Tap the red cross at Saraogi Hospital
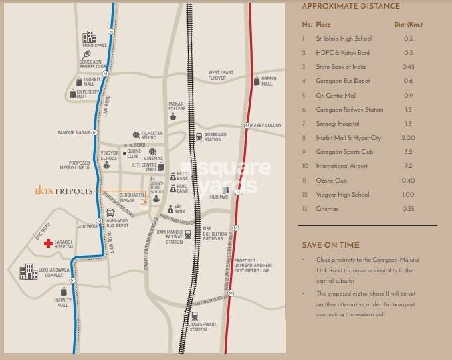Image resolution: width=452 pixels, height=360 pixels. pos(47,244)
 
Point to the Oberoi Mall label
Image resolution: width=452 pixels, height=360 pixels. pos(267,81)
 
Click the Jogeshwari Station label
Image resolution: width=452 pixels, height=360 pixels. pos(197,326)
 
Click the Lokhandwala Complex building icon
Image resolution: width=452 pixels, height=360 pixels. pos(27,271)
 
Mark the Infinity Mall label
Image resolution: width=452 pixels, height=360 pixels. pos(62,303)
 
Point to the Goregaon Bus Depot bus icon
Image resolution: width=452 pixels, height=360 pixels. pos(110,213)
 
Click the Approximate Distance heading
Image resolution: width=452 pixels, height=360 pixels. pos(351,7)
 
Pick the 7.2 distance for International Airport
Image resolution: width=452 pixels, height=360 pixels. pos(408,165)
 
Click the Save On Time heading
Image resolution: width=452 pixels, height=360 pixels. pos(330,244)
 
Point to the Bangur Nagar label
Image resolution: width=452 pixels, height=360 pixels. pos(73,132)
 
